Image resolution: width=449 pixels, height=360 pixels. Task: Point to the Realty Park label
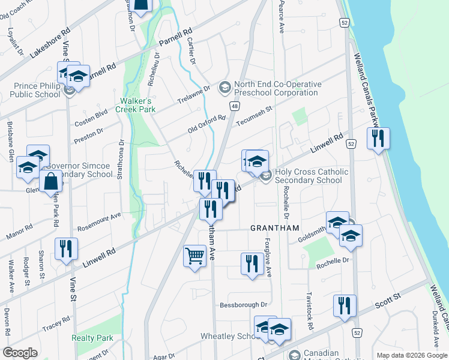pos(92,338)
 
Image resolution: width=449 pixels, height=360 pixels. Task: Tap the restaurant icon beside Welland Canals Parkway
pos(378,139)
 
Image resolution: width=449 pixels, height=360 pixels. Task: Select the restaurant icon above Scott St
pos(345,305)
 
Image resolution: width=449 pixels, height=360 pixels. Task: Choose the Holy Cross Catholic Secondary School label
pos(311,176)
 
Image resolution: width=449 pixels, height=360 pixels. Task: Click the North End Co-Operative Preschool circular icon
pos(225,88)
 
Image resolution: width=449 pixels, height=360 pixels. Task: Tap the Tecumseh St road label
pos(255,115)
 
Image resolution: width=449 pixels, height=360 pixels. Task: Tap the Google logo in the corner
pos(20,353)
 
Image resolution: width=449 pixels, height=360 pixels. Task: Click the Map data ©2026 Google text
pos(411,355)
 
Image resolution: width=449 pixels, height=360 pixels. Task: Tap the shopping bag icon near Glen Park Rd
pos(50,181)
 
